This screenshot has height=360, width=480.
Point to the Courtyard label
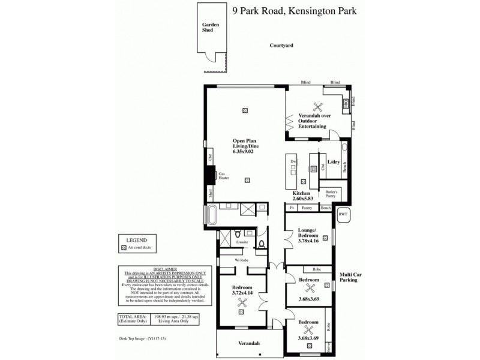(x=281, y=45)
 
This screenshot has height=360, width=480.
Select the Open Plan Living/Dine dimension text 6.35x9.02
(x=246, y=152)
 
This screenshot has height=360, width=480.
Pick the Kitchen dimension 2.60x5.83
(x=301, y=199)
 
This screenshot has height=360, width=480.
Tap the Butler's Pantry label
(x=333, y=194)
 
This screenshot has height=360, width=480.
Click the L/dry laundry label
(x=334, y=162)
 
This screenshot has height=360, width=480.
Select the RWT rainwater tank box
(x=343, y=214)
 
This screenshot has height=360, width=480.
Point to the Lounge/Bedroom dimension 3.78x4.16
(x=308, y=242)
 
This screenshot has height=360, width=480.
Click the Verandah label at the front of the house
(x=248, y=343)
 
